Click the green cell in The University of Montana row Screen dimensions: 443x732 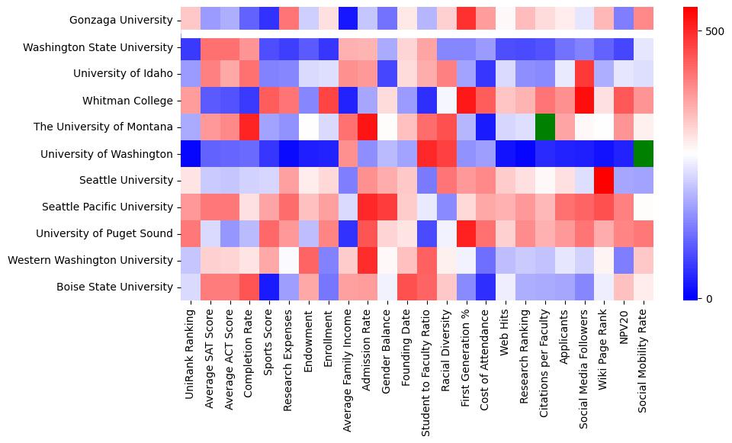click(x=544, y=127)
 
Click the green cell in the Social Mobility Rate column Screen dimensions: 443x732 click(x=644, y=153)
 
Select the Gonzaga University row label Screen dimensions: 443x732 click(x=120, y=21)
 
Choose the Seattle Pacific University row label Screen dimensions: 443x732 click(x=108, y=207)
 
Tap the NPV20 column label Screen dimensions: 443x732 click(x=624, y=326)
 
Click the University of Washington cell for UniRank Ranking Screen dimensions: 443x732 click(x=191, y=153)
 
